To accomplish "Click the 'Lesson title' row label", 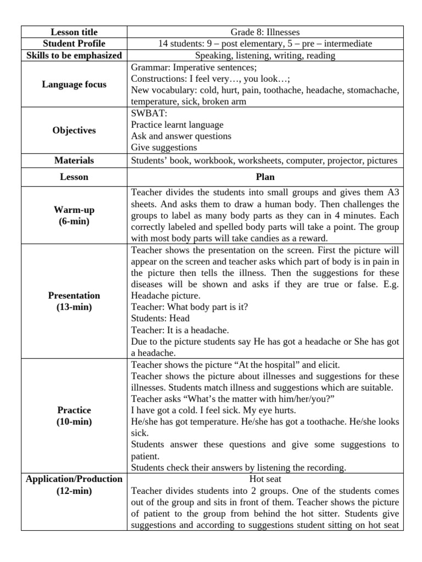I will click(74, 32).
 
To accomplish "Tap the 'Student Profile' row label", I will click(74, 44).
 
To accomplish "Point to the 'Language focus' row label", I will click(74, 85).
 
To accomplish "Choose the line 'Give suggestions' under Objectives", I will click(164, 148).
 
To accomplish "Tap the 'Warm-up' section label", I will click(74, 210).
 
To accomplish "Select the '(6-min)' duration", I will click(74, 221).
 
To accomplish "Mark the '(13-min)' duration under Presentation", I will click(74, 307).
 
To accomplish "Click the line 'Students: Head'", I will click(160, 318).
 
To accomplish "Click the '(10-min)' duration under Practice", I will click(74, 422).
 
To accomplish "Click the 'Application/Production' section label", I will click(74, 479).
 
